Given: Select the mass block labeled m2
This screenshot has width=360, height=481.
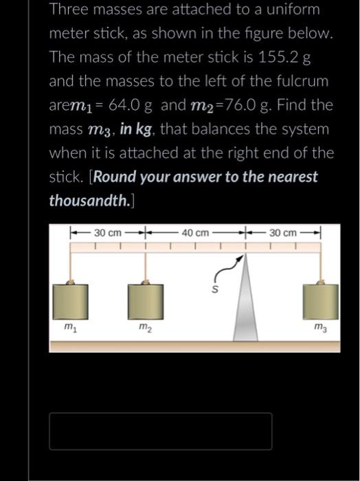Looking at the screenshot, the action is (145, 300).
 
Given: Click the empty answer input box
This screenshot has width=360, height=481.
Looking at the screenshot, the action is (160, 431).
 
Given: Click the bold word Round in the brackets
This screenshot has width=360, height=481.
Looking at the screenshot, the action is (113, 177).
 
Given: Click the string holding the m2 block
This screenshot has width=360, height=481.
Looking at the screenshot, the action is (146, 266).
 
